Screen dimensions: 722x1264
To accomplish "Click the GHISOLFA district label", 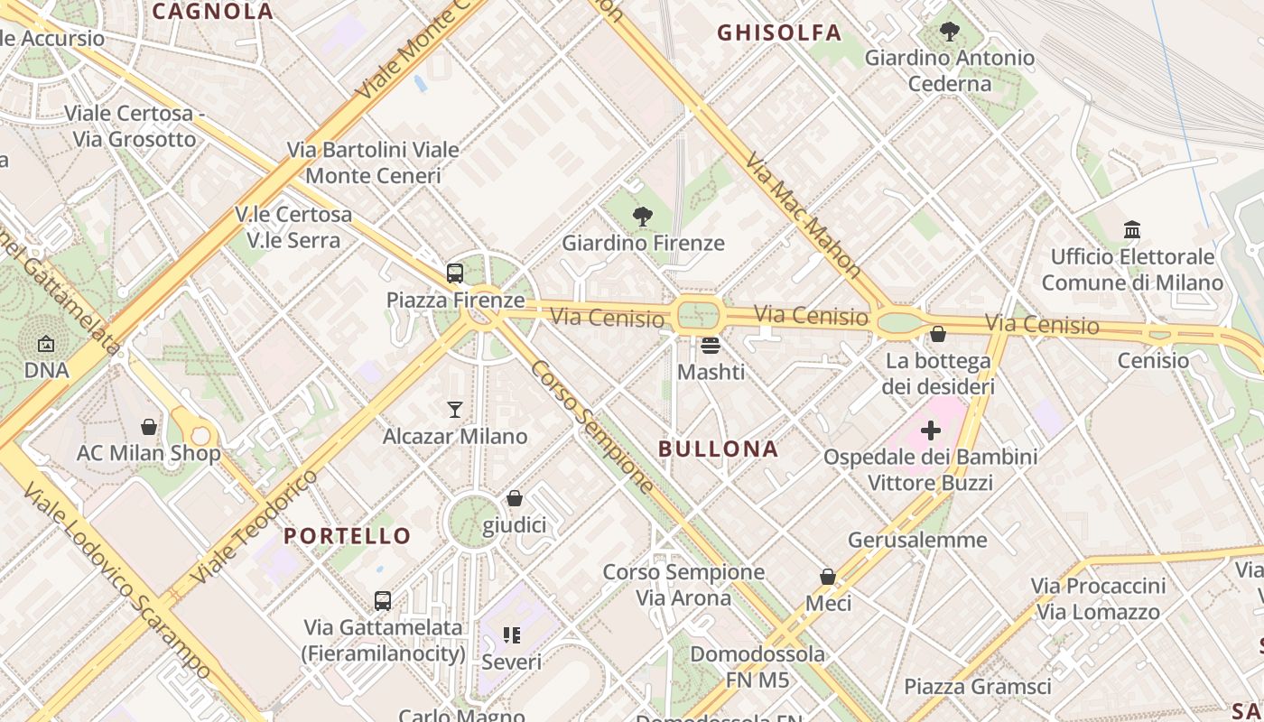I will click(779, 33).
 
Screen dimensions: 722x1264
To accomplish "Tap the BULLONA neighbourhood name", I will click(718, 449).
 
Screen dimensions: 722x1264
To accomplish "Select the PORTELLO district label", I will click(348, 535).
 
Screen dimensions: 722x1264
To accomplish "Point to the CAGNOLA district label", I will click(212, 11).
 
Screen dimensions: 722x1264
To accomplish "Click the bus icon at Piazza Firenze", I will click(455, 273).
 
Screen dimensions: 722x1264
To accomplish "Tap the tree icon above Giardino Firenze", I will click(643, 216).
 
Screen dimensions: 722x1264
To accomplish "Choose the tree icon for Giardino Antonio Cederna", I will click(949, 32).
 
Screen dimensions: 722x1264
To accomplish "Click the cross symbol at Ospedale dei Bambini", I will click(930, 430).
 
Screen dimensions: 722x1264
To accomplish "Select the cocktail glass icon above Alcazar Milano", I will click(455, 410).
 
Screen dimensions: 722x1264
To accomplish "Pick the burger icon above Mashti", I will click(711, 346).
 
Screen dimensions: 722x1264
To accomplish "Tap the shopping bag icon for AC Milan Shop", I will click(149, 427).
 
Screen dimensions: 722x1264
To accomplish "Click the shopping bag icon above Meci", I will click(828, 577).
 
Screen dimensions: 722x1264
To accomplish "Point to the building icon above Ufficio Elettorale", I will click(1132, 230).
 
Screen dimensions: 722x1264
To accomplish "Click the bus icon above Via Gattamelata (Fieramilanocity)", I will click(383, 600).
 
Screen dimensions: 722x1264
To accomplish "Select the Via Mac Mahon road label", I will click(804, 213).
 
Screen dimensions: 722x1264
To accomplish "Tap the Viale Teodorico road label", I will click(255, 525).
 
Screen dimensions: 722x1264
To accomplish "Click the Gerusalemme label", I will click(917, 540).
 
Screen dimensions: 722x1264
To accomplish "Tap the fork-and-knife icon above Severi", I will click(512, 635).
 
